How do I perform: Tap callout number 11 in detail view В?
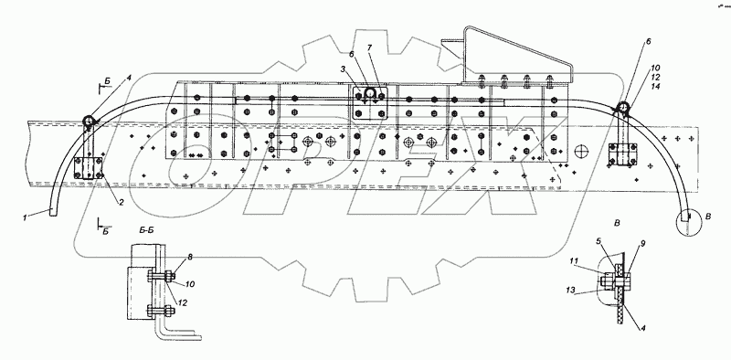(576, 263)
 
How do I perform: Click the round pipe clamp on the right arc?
(622, 109)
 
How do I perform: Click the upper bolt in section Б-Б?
(170, 270)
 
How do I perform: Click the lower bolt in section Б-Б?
(170, 305)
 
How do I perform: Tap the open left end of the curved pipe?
(55, 216)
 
